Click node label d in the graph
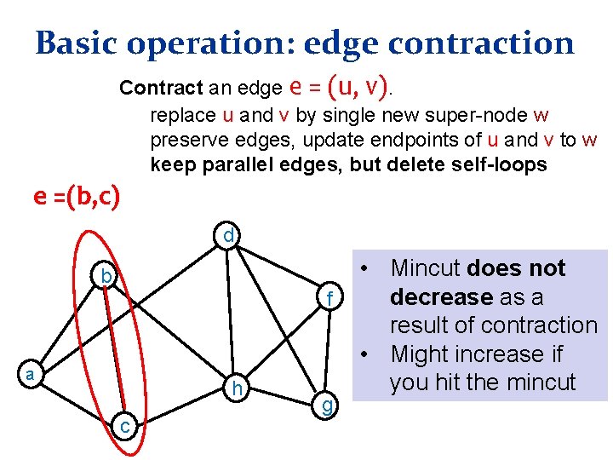pos(229,234)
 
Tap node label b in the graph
pos(105,276)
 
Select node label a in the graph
pos(29,374)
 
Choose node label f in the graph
pos(332,298)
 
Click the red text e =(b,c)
pos(77,197)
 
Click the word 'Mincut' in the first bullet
pos(426,268)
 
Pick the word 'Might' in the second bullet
pos(421,354)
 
